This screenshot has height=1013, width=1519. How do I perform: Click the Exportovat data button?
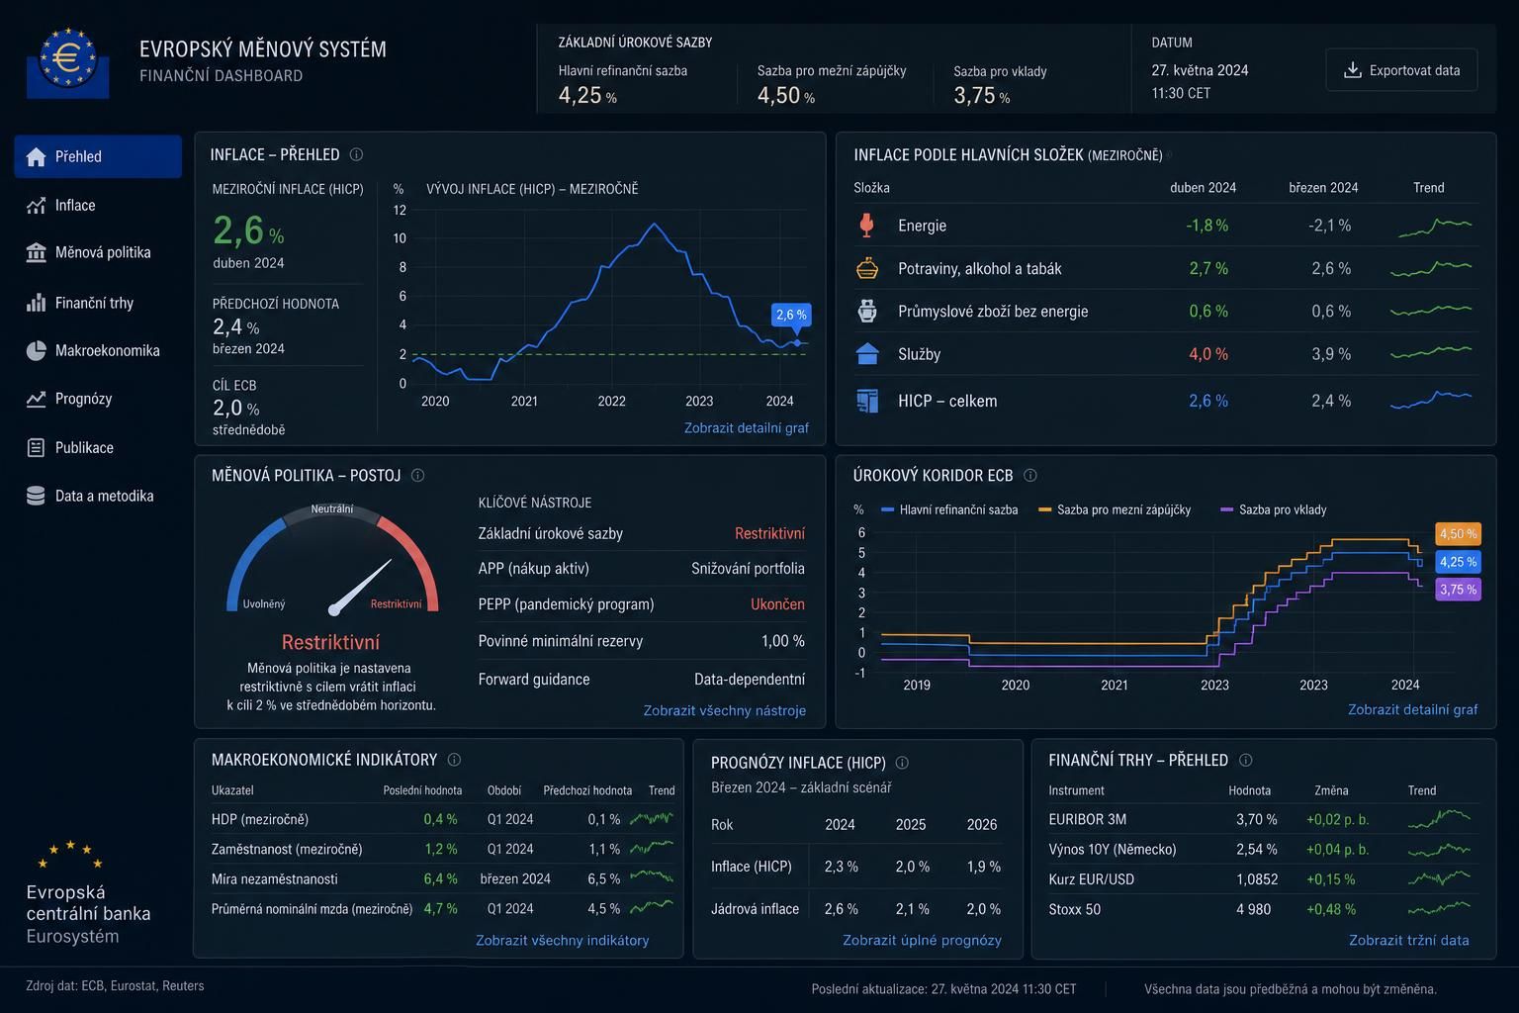click(1401, 70)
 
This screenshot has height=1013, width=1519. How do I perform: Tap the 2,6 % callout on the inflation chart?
click(791, 315)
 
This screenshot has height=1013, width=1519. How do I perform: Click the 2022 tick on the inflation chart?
click(611, 401)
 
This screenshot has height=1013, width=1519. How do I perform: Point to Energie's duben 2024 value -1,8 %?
click(1207, 226)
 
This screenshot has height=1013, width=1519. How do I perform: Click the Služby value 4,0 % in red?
click(1208, 354)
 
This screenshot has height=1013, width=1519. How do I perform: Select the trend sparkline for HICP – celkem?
click(1431, 400)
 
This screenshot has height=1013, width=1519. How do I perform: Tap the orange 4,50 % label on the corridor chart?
click(1458, 534)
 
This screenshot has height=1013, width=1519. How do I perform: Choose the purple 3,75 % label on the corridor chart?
click(1458, 589)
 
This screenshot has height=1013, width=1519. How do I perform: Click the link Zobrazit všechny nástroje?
click(724, 710)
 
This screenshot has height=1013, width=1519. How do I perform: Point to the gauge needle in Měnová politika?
click(361, 587)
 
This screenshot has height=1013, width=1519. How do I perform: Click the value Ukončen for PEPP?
click(777, 603)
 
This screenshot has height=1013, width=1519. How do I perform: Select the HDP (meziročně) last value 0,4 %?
click(440, 819)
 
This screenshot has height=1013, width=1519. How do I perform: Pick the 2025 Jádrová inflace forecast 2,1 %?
click(912, 908)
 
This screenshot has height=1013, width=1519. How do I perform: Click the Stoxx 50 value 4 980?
click(1253, 909)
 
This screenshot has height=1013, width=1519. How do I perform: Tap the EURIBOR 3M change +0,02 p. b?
click(1337, 820)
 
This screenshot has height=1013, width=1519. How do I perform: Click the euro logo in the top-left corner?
click(68, 62)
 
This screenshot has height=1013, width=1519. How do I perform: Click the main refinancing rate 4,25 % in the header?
click(587, 95)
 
